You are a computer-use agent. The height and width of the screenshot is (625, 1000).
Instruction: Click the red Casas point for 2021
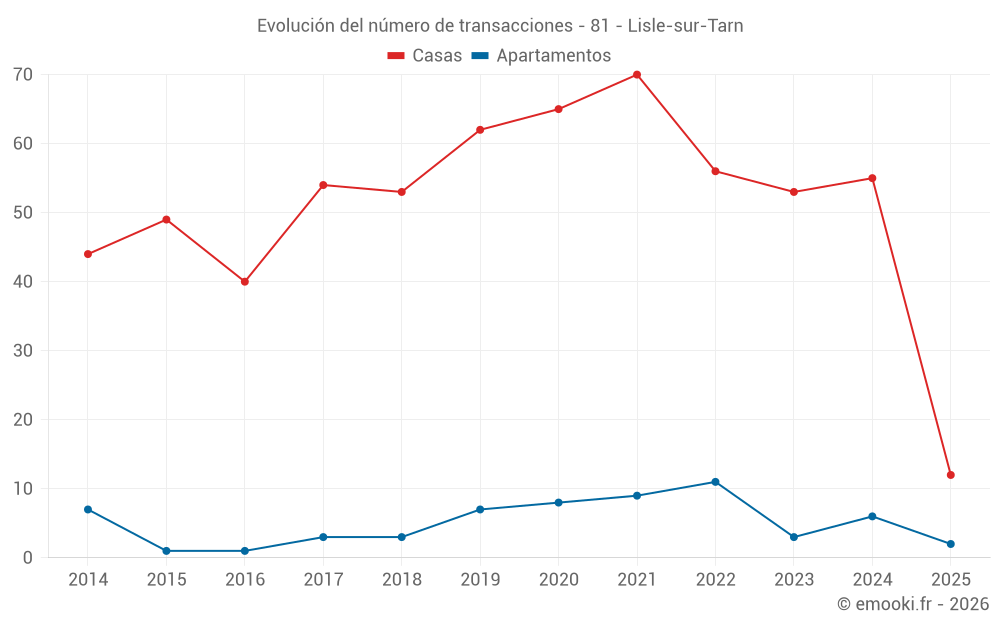coord(637,75)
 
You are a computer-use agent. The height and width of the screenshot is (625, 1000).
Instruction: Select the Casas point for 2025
coord(951,475)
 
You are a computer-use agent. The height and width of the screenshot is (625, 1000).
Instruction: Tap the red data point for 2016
coord(245,282)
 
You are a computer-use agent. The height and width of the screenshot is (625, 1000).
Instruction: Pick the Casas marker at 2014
coord(88,254)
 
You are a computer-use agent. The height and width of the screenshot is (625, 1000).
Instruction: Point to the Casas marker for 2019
coord(480,130)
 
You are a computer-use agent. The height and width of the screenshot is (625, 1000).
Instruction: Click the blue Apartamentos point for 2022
coord(715,482)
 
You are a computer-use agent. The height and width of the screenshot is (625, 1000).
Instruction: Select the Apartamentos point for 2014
coord(88,510)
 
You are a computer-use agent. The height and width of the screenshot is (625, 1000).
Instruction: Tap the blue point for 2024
coord(872,517)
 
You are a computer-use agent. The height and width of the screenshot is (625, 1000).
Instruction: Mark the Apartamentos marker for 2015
coord(166,551)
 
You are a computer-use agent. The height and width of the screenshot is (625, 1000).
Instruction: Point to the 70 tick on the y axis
coord(23,75)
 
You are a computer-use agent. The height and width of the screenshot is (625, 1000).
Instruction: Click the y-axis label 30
coord(23,351)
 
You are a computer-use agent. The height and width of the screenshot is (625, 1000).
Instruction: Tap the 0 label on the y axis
coord(28,558)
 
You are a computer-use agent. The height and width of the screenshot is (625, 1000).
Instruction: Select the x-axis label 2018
coord(402,580)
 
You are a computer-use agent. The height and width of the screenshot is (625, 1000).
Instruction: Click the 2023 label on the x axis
coord(794,580)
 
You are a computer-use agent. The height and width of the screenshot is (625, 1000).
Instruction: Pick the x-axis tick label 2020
coord(559,580)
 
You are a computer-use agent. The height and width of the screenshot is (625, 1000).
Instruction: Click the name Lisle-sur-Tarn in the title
coord(685,25)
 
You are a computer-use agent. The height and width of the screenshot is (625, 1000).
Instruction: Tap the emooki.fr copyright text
coord(913,604)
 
